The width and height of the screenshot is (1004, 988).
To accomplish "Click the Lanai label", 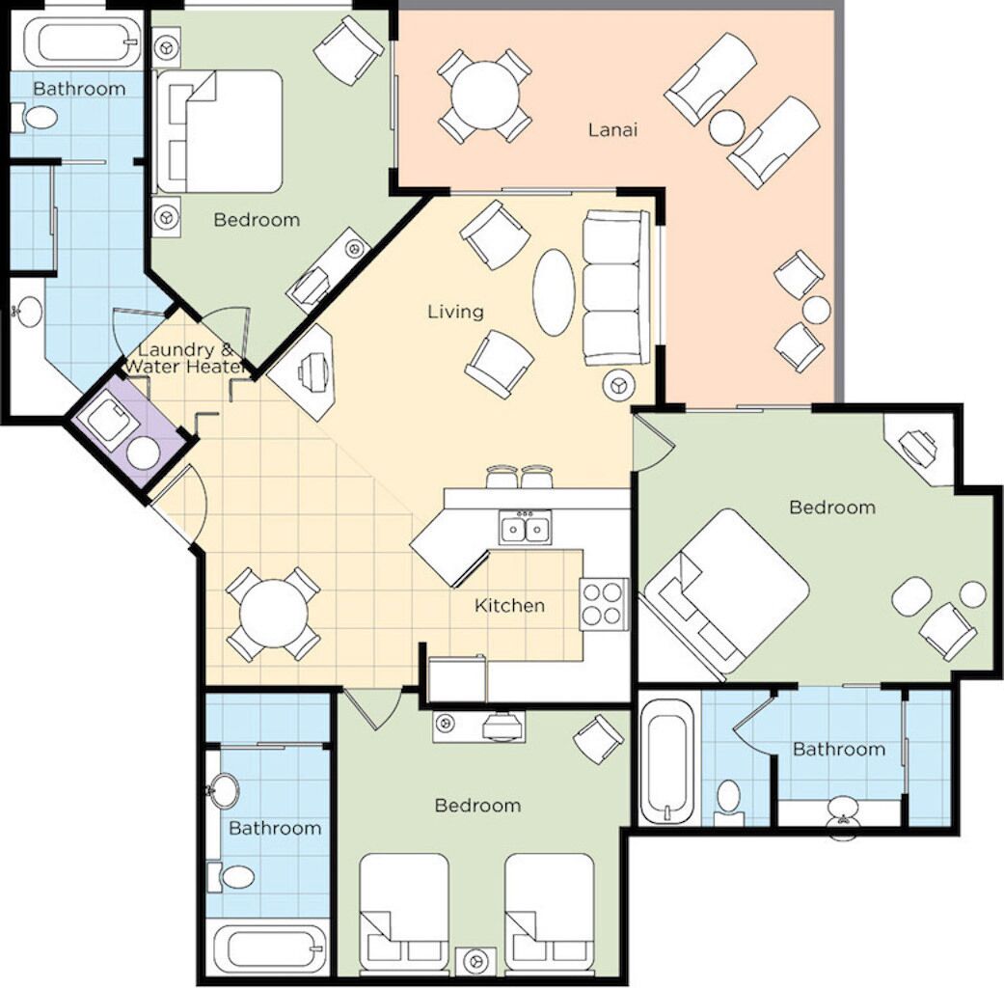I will (x=612, y=128).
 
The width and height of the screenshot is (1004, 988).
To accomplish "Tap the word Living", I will (x=455, y=312).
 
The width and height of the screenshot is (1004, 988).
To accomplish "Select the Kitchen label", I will (x=509, y=606).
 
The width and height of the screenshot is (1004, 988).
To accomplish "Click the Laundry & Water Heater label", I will (x=183, y=358).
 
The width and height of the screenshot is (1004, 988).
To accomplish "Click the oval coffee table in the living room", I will (x=554, y=292).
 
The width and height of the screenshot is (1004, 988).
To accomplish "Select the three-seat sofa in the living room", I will (x=615, y=288).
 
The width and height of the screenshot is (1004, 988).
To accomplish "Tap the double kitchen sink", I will (x=526, y=528).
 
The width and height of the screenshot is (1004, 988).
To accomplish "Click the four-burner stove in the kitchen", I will (x=604, y=603).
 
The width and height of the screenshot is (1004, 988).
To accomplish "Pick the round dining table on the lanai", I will (x=486, y=96).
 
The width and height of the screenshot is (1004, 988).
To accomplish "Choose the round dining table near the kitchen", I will (x=273, y=616).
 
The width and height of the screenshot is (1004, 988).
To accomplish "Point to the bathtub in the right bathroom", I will (x=666, y=761).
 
